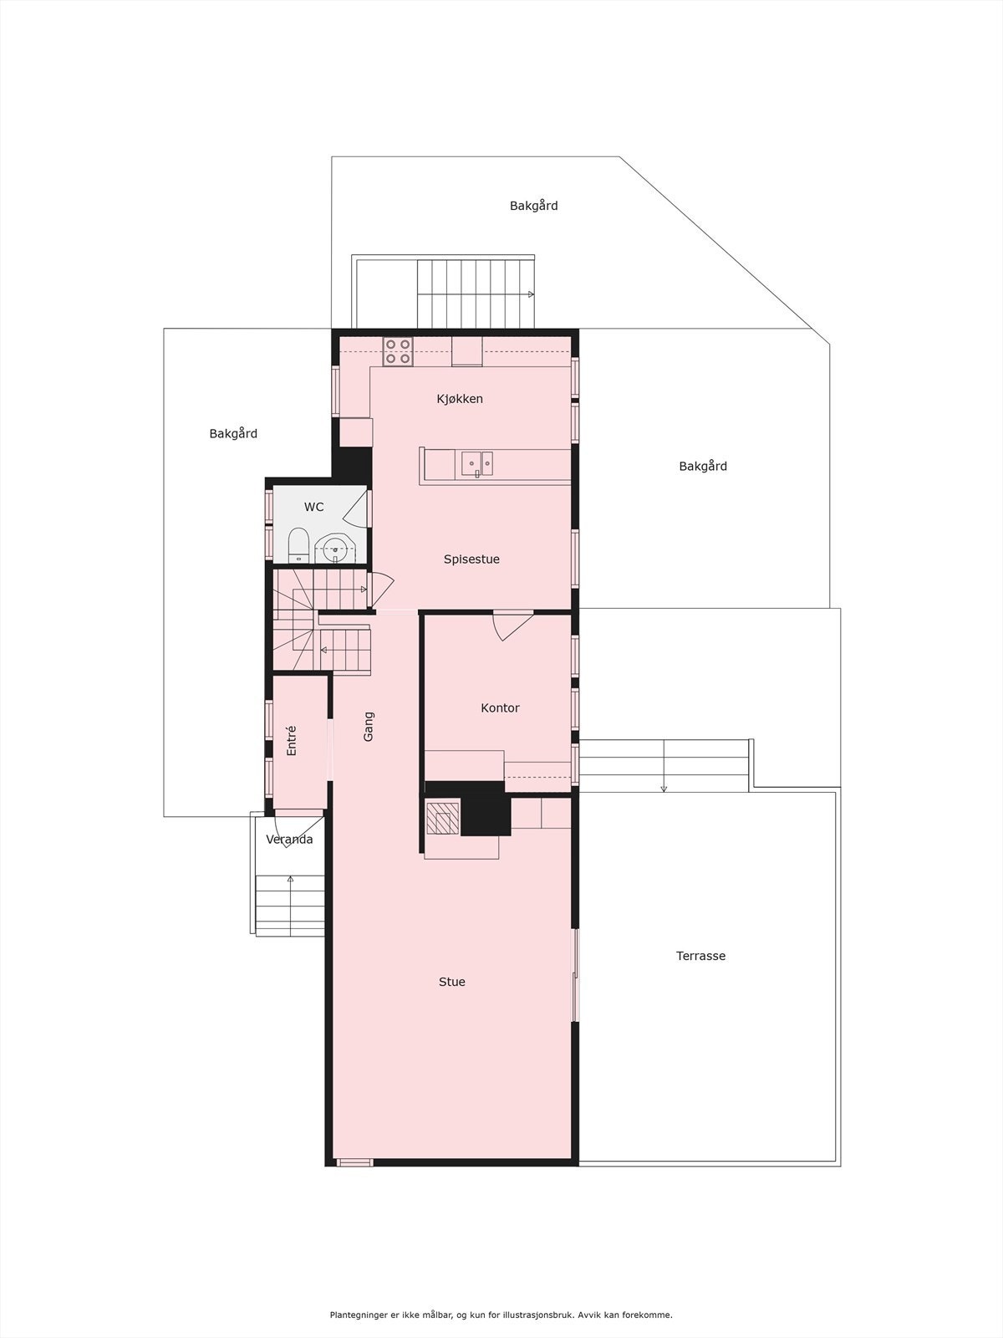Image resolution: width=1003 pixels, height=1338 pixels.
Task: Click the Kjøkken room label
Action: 460,399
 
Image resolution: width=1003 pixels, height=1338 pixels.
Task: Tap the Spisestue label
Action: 471,559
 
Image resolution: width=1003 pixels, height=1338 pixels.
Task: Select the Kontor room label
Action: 500,708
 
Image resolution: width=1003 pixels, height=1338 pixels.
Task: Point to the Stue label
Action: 451,982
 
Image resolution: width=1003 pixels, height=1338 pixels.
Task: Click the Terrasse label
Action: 700,956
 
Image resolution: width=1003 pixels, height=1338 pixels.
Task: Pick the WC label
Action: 313,508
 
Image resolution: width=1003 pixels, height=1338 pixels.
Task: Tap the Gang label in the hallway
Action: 369,726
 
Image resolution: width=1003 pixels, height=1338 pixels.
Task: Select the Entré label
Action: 292,741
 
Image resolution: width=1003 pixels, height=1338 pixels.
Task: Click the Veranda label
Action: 289,840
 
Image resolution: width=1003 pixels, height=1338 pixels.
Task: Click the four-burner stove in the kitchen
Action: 398,351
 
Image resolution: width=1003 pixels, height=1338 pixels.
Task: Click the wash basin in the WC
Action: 336,549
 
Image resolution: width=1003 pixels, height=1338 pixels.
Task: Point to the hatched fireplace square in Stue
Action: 442,818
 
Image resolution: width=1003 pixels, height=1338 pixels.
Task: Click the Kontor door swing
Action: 511,626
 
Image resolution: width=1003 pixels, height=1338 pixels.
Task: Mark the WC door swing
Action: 357,508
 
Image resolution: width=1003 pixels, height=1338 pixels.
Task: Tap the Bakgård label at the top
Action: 533,206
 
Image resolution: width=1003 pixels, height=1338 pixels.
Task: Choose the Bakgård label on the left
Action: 233,434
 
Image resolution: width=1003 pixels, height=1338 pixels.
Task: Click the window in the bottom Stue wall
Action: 354,1162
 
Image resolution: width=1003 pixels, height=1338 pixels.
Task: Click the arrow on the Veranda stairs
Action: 290,880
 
